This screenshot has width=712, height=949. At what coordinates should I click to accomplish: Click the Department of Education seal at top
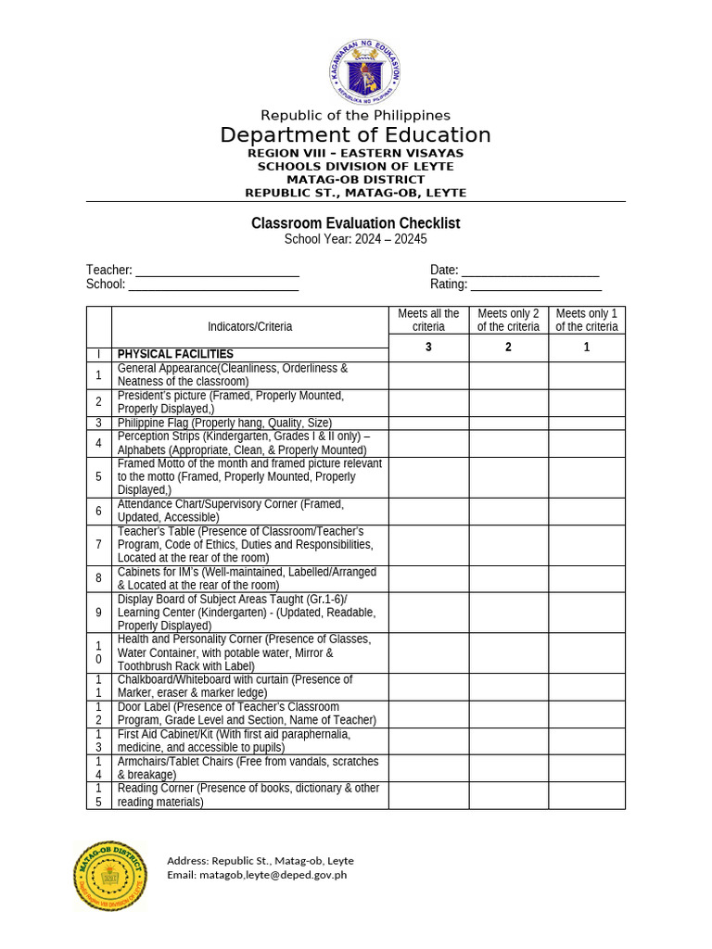(364, 71)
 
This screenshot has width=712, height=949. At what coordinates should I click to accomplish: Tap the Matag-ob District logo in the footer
(110, 875)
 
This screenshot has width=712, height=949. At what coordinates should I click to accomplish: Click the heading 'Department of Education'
(355, 135)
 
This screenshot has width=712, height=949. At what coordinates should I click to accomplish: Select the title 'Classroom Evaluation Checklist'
(355, 223)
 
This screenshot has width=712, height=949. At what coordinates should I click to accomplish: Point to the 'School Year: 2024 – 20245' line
(355, 239)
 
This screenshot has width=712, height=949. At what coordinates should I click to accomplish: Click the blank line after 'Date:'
(530, 272)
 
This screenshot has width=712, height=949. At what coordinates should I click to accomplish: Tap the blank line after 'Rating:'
(536, 285)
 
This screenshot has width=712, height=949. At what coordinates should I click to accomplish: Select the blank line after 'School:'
(213, 285)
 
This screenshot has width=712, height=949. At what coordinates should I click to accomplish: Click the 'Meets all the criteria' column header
(428, 321)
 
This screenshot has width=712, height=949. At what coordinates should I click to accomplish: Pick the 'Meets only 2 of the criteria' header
(508, 321)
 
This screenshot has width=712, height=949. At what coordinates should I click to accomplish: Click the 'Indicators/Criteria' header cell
(249, 326)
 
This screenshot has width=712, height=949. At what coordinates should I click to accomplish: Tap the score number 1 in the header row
(586, 348)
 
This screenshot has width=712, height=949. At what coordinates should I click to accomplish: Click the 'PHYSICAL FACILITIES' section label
(175, 354)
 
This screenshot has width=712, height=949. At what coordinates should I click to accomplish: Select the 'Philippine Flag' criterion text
(224, 423)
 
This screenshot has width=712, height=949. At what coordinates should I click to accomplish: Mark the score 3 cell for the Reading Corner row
(428, 795)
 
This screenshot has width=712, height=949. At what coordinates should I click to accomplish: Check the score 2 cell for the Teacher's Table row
(508, 545)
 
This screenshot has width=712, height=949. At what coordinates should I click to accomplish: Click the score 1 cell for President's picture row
(586, 402)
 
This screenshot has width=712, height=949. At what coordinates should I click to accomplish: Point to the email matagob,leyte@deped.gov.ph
(257, 875)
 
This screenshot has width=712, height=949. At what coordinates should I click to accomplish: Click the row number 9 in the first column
(98, 613)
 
